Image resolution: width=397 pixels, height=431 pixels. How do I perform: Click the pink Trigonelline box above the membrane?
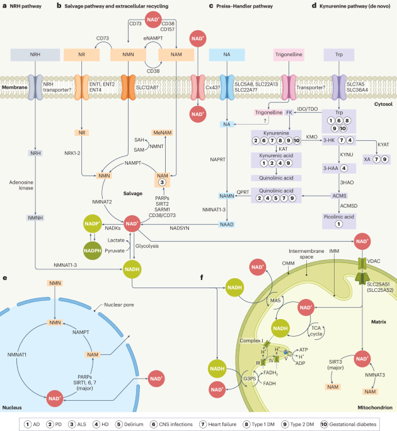pyautogui.click(x=291, y=55)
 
